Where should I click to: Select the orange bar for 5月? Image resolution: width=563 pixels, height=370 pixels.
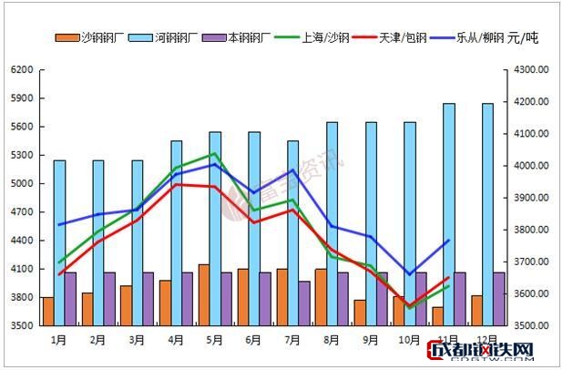pyautogui.click(x=203, y=294)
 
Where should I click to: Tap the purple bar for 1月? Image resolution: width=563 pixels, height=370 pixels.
pyautogui.click(x=71, y=298)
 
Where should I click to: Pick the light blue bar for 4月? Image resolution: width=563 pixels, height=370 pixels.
pyautogui.click(x=177, y=232)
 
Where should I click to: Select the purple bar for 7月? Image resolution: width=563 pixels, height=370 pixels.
pyautogui.click(x=305, y=303)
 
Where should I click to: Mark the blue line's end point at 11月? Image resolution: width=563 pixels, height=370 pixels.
pyautogui.click(x=448, y=241)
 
